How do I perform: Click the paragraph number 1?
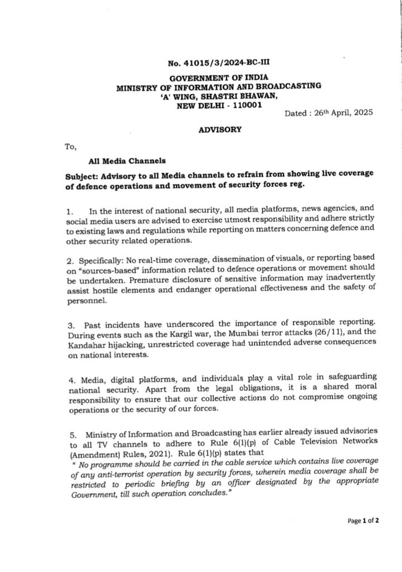pyautogui.click(x=69, y=212)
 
